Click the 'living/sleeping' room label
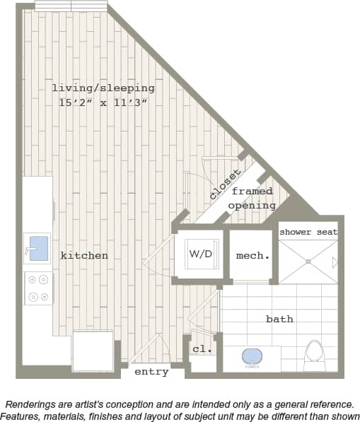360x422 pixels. (x=103, y=88)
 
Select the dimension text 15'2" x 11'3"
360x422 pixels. (x=103, y=102)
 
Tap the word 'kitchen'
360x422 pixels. (x=84, y=255)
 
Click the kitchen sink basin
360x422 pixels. (x=38, y=248)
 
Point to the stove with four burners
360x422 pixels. (x=38, y=288)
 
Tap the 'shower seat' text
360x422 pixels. (x=308, y=232)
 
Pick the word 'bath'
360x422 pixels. (x=279, y=319)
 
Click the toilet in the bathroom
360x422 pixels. (x=314, y=353)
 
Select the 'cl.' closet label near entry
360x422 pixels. (x=202, y=349)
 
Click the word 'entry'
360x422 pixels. (x=151, y=372)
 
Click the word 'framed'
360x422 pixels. (x=252, y=192)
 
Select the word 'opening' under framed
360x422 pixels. (x=252, y=206)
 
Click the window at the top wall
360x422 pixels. (x=71, y=6)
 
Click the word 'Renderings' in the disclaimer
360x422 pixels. (x=33, y=404)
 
